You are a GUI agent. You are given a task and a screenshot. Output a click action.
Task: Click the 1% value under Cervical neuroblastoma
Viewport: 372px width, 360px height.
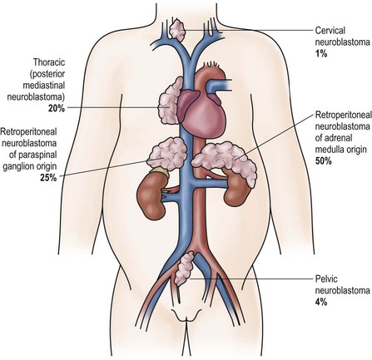(321, 53)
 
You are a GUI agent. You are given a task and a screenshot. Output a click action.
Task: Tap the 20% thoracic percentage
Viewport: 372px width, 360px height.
(57, 108)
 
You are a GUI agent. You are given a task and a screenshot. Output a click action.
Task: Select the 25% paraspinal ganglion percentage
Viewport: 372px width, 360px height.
(48, 177)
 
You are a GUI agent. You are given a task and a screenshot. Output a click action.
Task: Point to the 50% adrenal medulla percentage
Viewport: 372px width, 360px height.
(324, 160)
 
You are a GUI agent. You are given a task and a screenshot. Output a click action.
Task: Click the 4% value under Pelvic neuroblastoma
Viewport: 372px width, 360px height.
(321, 301)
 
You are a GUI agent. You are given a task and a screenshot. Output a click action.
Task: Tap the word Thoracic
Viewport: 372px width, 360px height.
(49, 62)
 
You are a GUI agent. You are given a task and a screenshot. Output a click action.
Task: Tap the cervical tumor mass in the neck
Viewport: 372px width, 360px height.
(177, 30)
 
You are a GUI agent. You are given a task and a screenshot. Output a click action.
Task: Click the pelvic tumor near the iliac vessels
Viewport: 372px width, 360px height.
(184, 269)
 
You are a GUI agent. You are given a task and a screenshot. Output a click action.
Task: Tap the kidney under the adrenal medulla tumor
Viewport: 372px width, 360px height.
(236, 189)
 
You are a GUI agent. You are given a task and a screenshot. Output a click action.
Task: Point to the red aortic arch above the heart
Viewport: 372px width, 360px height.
(208, 72)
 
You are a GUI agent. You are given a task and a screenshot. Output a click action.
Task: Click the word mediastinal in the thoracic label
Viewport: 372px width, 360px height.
(44, 86)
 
